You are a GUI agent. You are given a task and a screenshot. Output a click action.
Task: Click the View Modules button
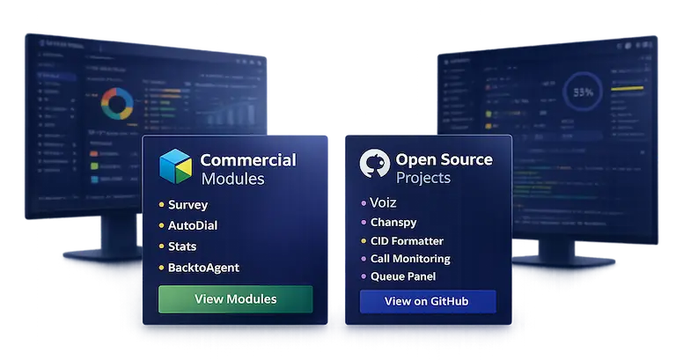pyautogui.click(x=235, y=299)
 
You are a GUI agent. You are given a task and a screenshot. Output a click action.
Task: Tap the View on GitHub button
pyautogui.click(x=427, y=302)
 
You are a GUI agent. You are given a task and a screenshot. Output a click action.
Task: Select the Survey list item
pyautogui.click(x=187, y=205)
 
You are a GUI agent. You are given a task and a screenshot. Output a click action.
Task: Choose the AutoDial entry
pyautogui.click(x=193, y=225)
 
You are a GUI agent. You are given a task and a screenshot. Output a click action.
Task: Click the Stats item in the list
pyautogui.click(x=182, y=246)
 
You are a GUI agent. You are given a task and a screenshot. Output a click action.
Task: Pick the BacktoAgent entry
pyautogui.click(x=203, y=268)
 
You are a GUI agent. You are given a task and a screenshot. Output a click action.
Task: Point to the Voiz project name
pyautogui.click(x=384, y=203)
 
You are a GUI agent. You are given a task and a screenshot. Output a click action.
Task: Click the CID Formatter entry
pyautogui.click(x=407, y=240)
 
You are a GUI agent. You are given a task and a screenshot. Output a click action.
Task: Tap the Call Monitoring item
pyautogui.click(x=410, y=259)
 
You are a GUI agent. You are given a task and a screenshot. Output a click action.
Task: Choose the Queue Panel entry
pyautogui.click(x=403, y=276)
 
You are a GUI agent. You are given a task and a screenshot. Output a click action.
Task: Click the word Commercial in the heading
pyautogui.click(x=248, y=160)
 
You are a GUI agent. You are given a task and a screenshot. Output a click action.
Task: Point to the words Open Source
pyautogui.click(x=444, y=159)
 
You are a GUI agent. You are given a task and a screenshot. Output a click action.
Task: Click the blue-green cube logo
pyautogui.click(x=176, y=166)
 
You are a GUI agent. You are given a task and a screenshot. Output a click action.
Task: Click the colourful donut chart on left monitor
pyautogui.click(x=116, y=104)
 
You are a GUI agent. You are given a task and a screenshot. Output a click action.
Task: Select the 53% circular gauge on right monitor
pyautogui.click(x=582, y=91)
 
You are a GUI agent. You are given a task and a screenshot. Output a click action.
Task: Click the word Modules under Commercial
pyautogui.click(x=232, y=180)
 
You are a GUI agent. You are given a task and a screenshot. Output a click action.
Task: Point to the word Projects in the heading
pyautogui.click(x=423, y=178)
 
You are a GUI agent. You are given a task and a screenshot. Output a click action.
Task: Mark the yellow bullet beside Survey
pyautogui.click(x=161, y=205)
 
